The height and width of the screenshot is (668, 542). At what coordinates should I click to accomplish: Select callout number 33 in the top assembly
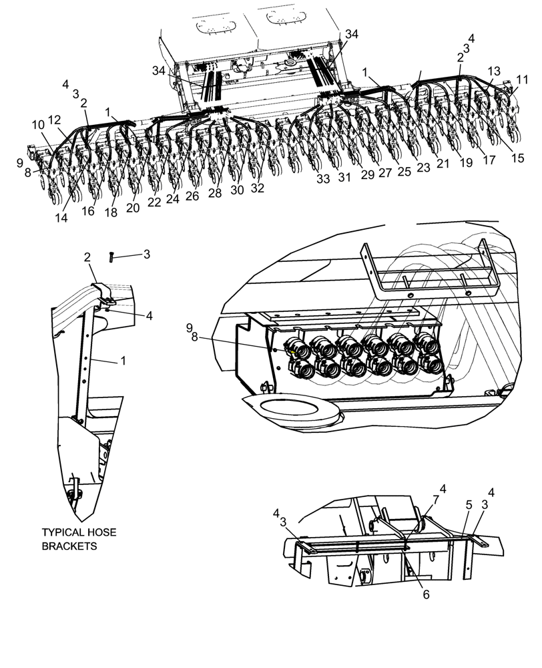(323, 179)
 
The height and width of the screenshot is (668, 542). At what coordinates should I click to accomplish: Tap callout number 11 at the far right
(521, 79)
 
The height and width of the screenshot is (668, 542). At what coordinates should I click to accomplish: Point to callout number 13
(493, 71)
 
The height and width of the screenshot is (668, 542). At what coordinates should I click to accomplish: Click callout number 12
(55, 120)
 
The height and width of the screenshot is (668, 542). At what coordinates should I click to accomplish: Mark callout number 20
(133, 208)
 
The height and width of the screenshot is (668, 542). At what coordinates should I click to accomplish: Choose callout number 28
(214, 193)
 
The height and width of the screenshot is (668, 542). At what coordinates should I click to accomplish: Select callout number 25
(404, 172)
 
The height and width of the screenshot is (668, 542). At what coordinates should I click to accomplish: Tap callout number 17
(489, 160)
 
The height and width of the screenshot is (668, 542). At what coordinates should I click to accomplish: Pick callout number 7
(435, 499)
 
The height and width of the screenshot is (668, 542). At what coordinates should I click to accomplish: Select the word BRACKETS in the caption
(69, 546)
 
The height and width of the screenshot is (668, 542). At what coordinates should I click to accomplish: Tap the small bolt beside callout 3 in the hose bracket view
(111, 256)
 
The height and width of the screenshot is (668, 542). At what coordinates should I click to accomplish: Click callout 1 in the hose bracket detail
(123, 361)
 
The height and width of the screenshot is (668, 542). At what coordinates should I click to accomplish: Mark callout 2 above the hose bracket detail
(87, 257)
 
